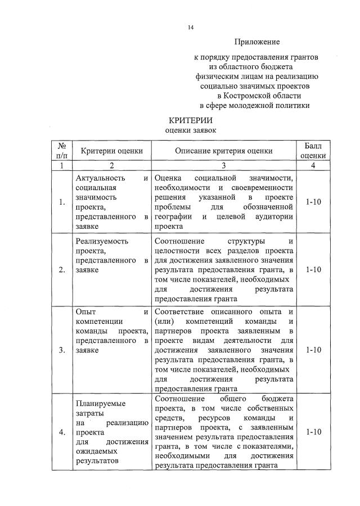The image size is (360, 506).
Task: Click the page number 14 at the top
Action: tap(191, 26)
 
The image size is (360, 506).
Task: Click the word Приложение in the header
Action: tap(257, 42)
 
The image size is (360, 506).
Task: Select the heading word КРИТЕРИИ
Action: tap(191, 120)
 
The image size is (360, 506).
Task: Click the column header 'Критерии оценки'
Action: tap(111, 151)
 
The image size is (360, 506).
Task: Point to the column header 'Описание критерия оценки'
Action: tap(223, 151)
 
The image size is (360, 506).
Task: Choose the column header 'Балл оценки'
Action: tap(313, 151)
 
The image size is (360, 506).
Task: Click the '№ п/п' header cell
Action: tap(62, 151)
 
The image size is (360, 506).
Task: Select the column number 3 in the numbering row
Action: tap(223, 166)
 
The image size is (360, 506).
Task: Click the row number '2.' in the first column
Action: tap(62, 270)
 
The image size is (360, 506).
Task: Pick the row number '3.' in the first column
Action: tap(62, 350)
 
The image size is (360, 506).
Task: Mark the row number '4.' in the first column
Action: tap(62, 432)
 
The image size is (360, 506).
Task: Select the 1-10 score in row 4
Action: tap(313, 432)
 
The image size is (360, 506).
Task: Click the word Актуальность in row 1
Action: tap(98, 178)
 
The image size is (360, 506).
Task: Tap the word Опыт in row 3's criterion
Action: tap(85, 311)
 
